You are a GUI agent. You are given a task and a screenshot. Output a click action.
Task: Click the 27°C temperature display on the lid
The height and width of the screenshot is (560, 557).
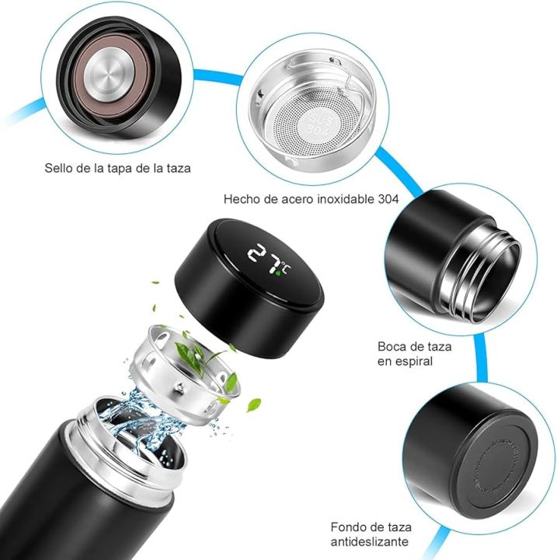[x=266, y=257]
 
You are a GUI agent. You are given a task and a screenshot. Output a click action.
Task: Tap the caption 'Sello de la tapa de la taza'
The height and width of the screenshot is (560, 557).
[x=117, y=168]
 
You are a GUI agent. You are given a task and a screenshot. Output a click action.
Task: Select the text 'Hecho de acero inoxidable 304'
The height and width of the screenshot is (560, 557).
[x=311, y=199]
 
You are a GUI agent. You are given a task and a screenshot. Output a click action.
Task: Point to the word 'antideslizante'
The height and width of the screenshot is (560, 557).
[x=370, y=541]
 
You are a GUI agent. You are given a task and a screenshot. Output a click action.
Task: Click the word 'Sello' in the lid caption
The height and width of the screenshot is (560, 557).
[x=59, y=168]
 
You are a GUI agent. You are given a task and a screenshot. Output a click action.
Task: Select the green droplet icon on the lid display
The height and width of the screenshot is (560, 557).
[x=277, y=271]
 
